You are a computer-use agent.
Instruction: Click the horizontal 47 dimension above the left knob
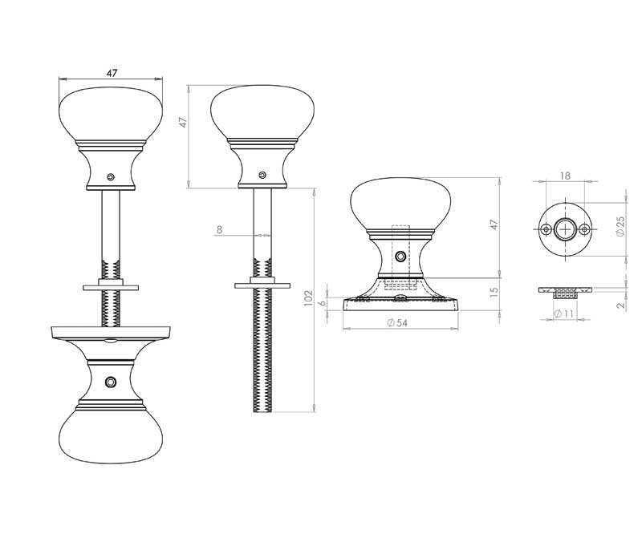pyautogui.click(x=112, y=73)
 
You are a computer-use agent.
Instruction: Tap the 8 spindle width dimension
pyautogui.click(x=219, y=230)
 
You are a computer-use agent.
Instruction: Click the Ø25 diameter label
pyautogui.click(x=620, y=228)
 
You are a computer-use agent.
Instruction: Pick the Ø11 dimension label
pyautogui.click(x=564, y=314)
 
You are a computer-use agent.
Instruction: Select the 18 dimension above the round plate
pyautogui.click(x=565, y=175)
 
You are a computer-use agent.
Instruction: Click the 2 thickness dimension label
pyautogui.click(x=620, y=305)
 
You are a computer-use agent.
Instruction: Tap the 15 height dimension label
pyautogui.click(x=494, y=290)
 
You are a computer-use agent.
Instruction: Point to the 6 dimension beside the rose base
pyautogui.click(x=323, y=302)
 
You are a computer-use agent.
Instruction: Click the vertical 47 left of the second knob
pyautogui.click(x=183, y=123)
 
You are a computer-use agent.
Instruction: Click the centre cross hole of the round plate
pyautogui.click(x=566, y=229)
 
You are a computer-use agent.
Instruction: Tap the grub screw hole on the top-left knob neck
pyautogui.click(x=112, y=177)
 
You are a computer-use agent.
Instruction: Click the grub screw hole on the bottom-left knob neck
pyautogui.click(x=111, y=381)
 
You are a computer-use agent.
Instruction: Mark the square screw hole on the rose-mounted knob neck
pyautogui.click(x=400, y=257)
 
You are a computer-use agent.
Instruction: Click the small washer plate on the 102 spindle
pyautogui.click(x=262, y=284)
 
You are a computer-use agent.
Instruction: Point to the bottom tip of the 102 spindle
pyautogui.click(x=262, y=410)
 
